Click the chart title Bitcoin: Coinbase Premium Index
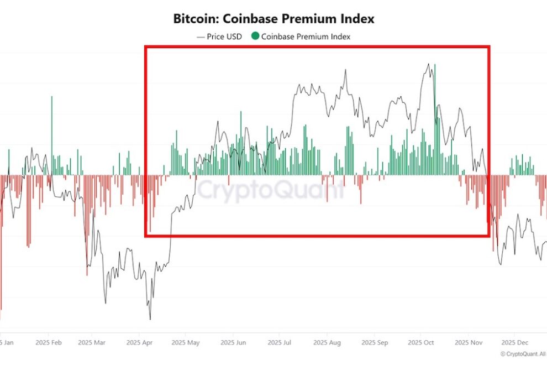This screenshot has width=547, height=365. [x=273, y=19]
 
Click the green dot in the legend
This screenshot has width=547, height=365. [x=255, y=36]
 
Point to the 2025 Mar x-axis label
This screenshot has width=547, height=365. [x=91, y=342]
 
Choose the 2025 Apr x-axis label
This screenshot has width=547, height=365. [x=139, y=342]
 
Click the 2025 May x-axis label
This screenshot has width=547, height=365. [x=186, y=342]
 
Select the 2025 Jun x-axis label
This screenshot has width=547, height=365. [x=233, y=342]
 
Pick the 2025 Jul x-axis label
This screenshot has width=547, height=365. [x=279, y=342]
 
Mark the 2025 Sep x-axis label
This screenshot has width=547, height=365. [x=374, y=342]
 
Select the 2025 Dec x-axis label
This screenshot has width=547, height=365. [x=514, y=342]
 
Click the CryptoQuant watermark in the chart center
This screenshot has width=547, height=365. [x=271, y=190]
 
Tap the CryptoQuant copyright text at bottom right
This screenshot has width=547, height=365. [x=523, y=354]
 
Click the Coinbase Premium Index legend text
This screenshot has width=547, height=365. [x=306, y=37]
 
